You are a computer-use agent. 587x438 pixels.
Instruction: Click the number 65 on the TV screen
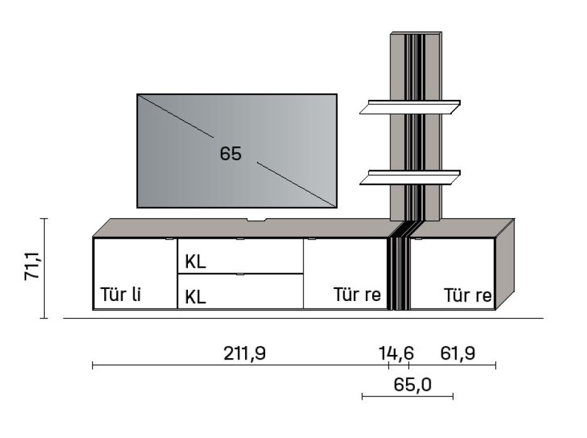coord(231,153)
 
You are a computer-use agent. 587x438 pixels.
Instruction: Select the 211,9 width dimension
coord(244,354)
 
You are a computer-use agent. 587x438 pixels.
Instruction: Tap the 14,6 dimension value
coord(395,354)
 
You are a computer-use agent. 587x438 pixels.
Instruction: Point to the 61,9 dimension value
coord(458,354)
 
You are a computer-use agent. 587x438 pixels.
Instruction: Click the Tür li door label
coord(120,295)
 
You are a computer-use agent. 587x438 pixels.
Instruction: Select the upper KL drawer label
coord(195,262)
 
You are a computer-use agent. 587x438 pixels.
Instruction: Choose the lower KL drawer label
coord(195,297)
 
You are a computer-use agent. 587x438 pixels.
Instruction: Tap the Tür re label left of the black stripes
coord(357,295)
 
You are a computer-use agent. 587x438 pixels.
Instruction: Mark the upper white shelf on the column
coord(410,107)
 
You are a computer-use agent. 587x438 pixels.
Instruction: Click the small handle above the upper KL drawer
coord(239,239)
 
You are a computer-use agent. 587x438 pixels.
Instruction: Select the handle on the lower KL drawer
coord(239,275)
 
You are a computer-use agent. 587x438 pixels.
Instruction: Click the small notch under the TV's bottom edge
coord(256,220)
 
